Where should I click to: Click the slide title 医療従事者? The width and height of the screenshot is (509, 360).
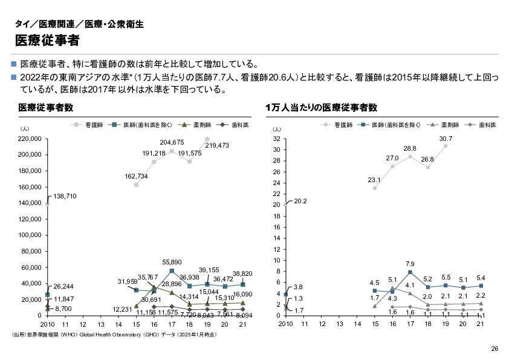[x=47, y=41]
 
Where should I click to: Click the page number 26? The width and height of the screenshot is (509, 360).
[x=494, y=349]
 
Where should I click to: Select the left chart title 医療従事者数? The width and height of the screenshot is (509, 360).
[x=46, y=108]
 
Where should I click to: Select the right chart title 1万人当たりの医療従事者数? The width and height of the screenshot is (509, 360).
[x=322, y=108]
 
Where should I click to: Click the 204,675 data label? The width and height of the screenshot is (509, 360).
[x=172, y=142]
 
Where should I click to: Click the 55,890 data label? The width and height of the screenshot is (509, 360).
[x=172, y=262]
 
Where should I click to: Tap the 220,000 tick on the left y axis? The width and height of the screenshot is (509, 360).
[x=29, y=139]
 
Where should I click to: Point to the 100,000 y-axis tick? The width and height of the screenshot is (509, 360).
[x=29, y=235]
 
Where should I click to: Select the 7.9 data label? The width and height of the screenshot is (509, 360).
[x=410, y=264]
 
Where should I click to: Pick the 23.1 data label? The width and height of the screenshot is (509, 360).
[x=374, y=180]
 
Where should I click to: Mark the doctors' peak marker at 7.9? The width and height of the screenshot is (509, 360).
[x=410, y=272]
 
